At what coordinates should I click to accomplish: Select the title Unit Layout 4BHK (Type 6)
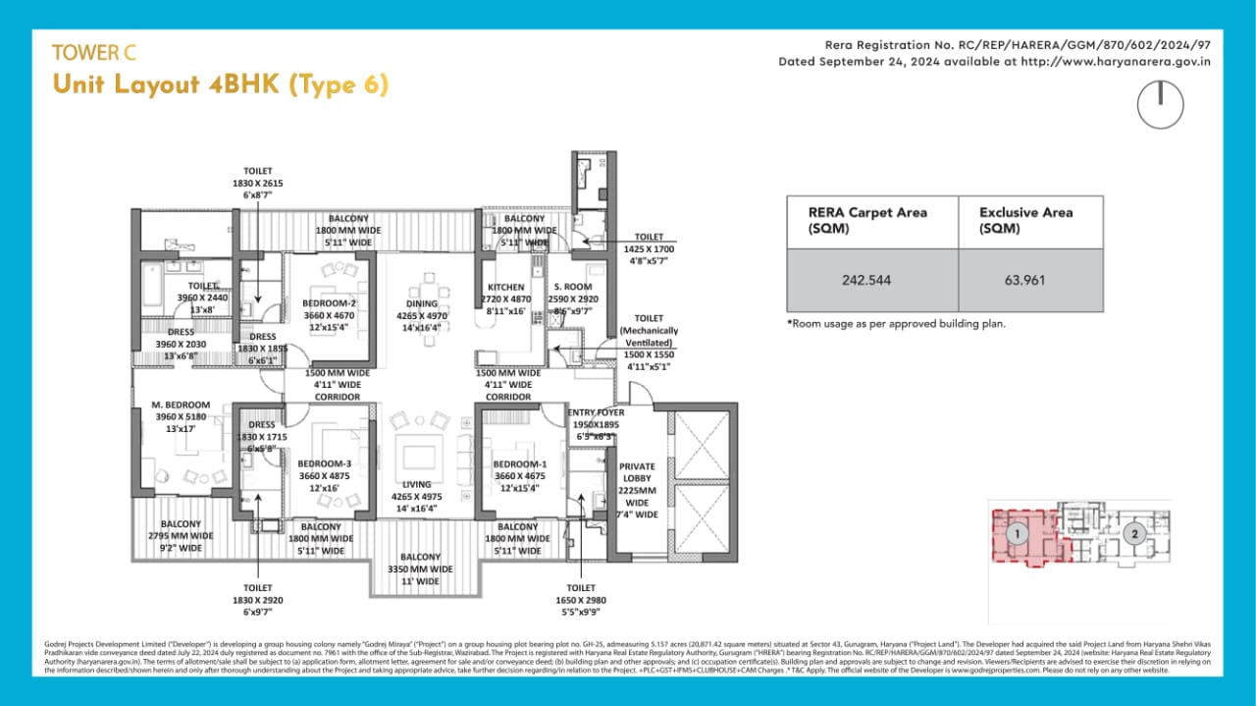221,85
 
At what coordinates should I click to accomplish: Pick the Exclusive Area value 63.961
1025,280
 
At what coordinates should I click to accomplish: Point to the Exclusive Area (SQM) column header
1025,220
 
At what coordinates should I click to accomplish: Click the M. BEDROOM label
181,405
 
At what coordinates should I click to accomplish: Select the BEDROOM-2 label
329,303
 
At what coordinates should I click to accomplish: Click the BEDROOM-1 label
519,463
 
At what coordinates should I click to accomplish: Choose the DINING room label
422,303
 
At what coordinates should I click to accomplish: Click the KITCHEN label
505,288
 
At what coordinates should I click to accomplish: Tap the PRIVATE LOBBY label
637,474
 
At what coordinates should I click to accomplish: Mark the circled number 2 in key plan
1135,535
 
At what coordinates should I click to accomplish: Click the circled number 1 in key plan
1019,535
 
